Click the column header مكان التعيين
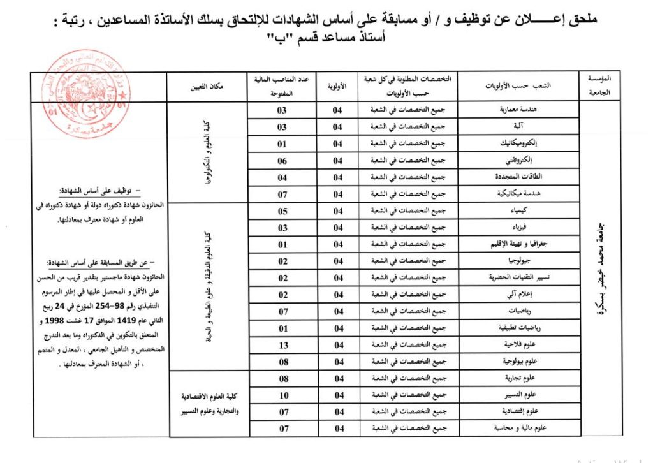(x=200, y=86)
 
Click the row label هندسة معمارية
(x=527, y=110)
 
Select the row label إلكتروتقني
(x=527, y=160)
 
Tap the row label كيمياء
(x=527, y=210)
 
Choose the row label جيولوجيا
(x=527, y=260)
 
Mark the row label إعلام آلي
(x=527, y=294)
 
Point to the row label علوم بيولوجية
(x=527, y=362)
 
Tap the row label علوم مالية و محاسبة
(x=527, y=429)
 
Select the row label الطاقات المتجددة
(x=527, y=177)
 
